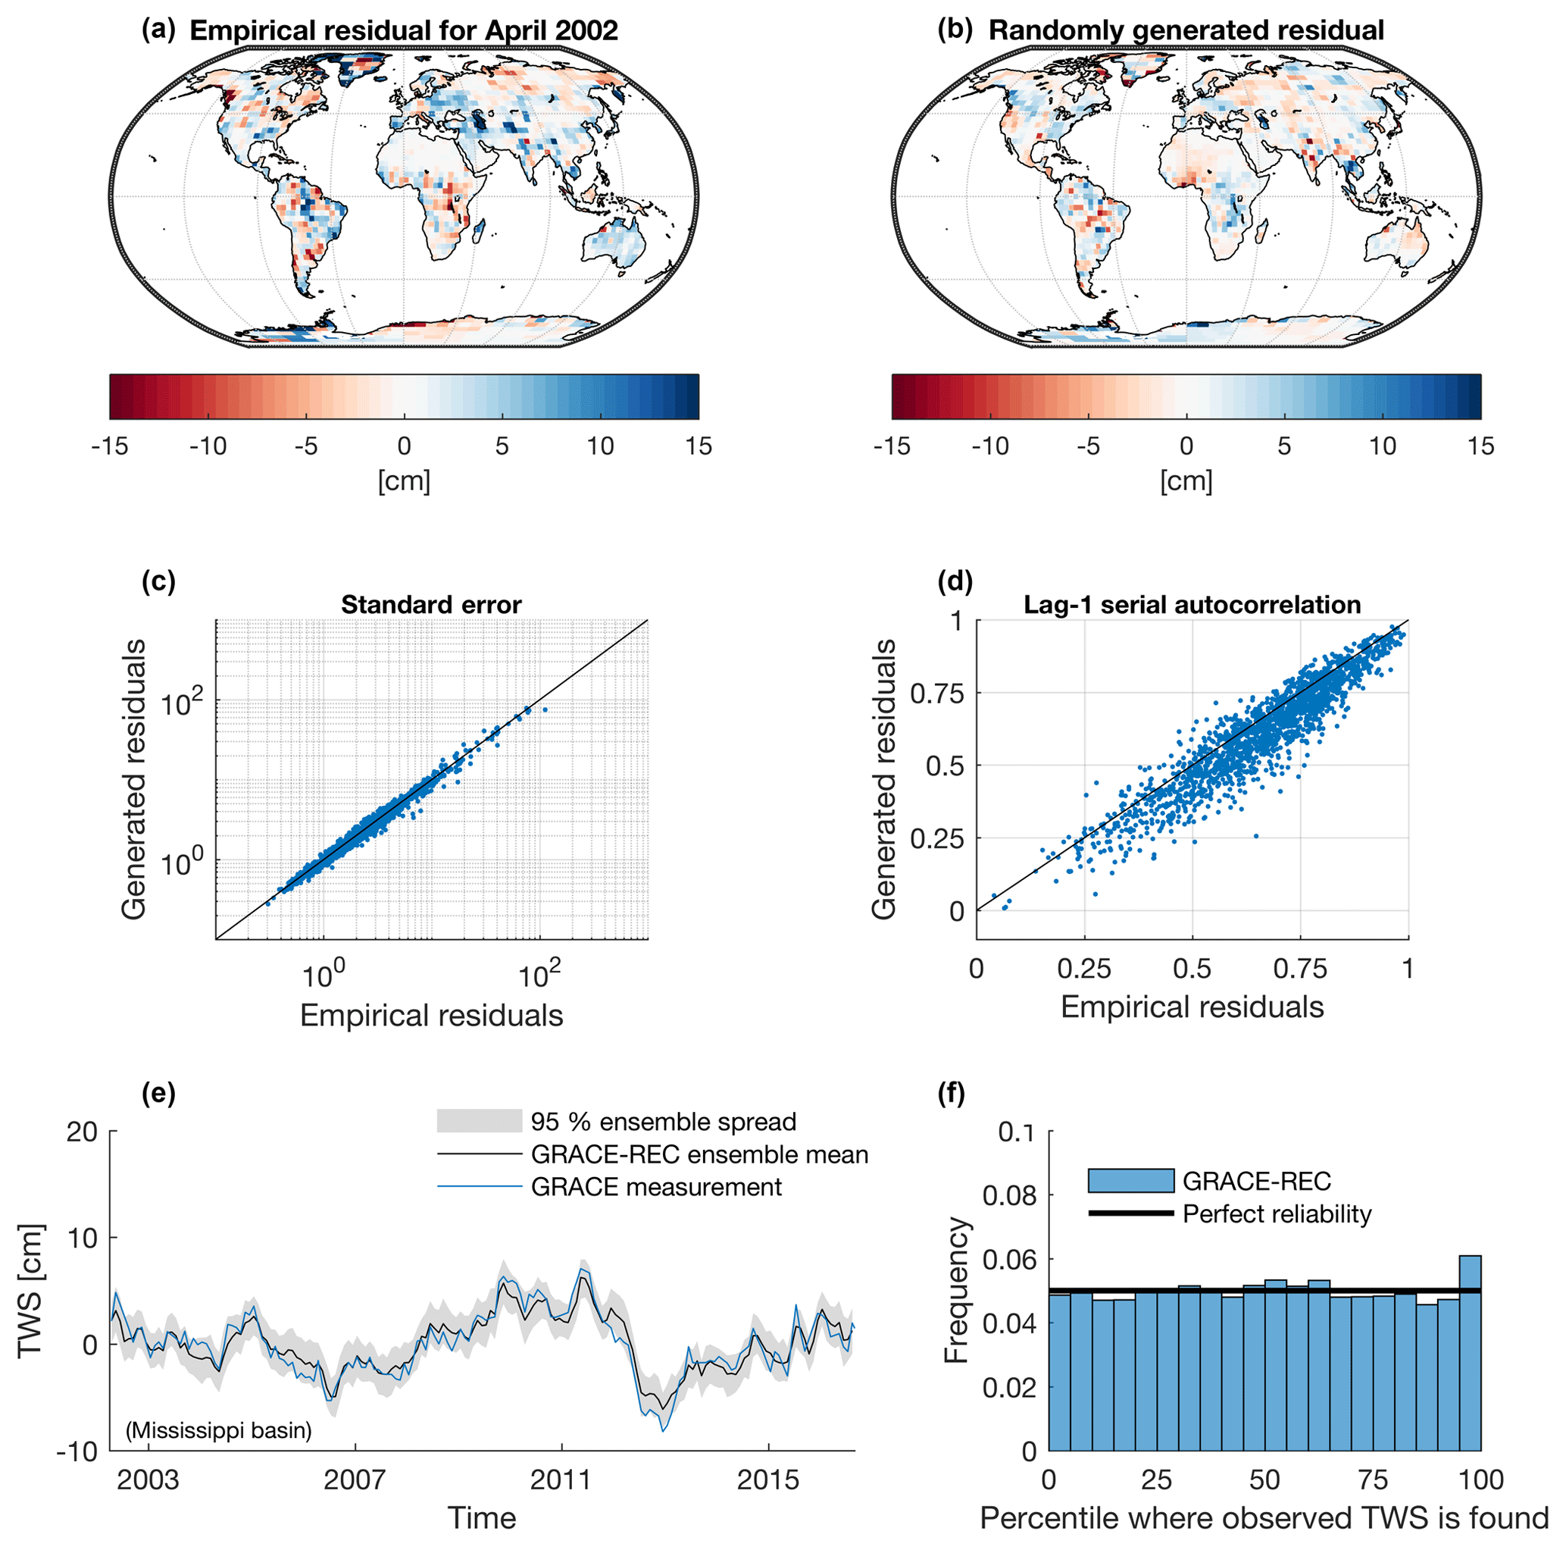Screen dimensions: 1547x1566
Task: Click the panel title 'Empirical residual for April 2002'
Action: [403, 31]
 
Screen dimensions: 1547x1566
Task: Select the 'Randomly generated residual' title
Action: [1186, 31]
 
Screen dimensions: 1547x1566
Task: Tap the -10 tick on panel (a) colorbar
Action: [208, 446]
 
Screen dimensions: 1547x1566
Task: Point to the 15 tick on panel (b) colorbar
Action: [1480, 446]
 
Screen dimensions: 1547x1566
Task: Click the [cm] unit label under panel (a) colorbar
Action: [404, 481]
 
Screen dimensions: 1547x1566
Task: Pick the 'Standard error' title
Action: [431, 605]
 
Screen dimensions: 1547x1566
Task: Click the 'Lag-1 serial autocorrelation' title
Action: [1192, 605]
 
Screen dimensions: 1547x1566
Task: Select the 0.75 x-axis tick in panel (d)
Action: [1300, 969]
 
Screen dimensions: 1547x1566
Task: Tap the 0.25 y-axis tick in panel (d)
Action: [938, 838]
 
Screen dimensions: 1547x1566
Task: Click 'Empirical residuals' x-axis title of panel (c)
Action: [431, 1015]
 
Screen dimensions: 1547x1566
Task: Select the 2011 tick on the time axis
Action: [561, 1480]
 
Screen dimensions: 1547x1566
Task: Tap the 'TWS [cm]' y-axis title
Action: [30, 1291]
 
